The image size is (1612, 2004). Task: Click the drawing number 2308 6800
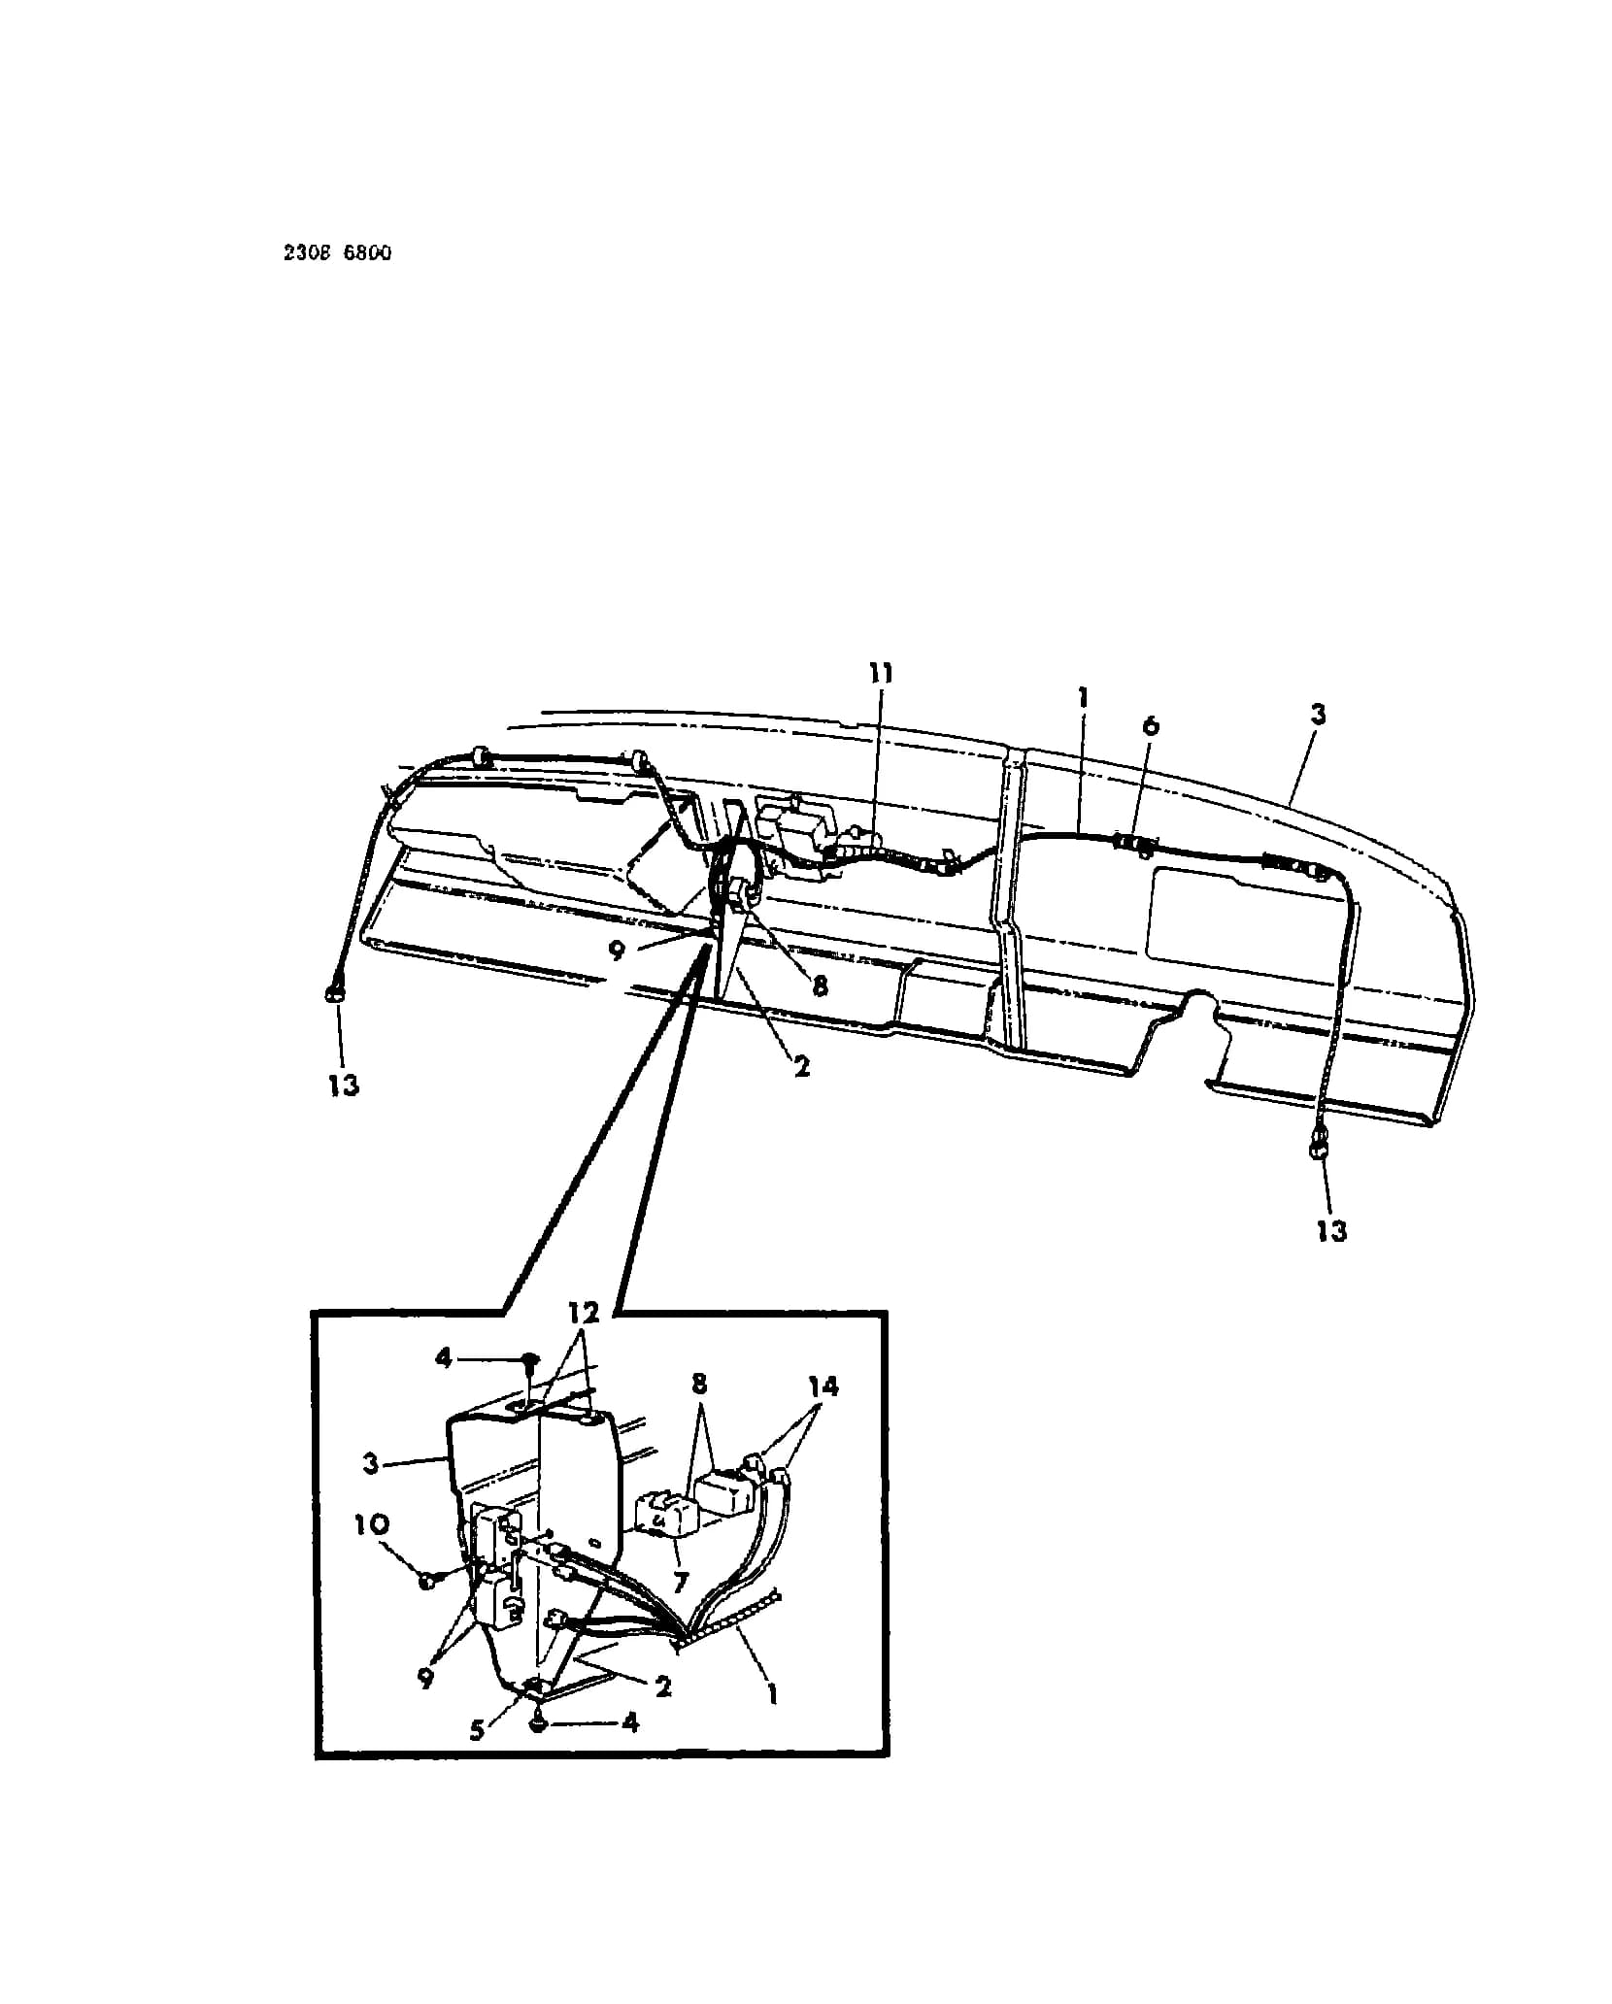click(x=338, y=253)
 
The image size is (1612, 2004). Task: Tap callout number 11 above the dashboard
click(x=881, y=673)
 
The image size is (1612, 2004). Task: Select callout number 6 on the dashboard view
click(x=1151, y=725)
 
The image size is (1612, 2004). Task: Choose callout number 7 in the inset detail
click(x=680, y=1583)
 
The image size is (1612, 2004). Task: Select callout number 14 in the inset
click(x=822, y=1386)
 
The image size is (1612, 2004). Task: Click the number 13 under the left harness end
click(x=343, y=1085)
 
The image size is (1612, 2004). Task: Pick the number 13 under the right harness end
click(x=1331, y=1230)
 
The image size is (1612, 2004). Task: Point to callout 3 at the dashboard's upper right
click(x=1317, y=715)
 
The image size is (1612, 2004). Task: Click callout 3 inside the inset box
click(x=370, y=1462)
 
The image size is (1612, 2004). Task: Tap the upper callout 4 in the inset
click(x=444, y=1357)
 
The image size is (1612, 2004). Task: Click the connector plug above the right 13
click(x=1320, y=1149)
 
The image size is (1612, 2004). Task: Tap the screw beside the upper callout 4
click(x=529, y=1360)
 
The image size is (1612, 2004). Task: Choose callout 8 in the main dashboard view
click(x=820, y=985)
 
